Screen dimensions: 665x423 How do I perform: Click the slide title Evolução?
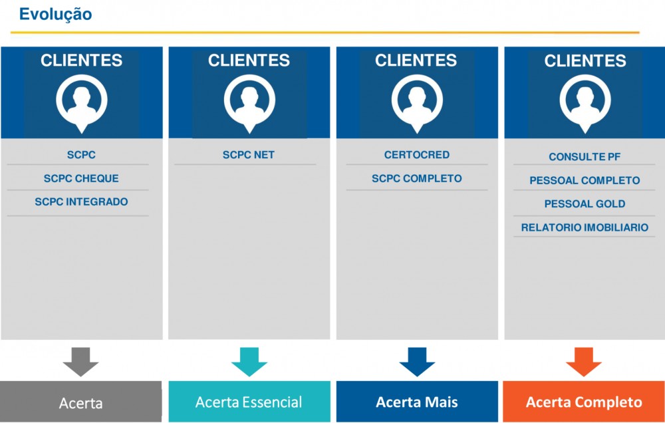point(56,15)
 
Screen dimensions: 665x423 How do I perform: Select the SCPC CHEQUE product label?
point(81,178)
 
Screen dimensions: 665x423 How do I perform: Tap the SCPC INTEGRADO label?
point(81,202)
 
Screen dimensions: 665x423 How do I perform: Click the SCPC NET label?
point(249,155)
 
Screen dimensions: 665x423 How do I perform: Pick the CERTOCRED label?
point(416,155)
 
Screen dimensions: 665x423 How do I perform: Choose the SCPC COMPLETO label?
point(416,178)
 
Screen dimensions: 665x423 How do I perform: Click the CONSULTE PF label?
point(585,157)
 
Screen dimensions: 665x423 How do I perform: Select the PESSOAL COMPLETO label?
point(585,180)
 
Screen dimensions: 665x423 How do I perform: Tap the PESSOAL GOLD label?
point(585,204)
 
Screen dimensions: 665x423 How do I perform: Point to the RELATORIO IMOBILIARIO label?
point(585,227)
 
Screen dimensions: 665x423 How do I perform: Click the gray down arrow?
point(80,362)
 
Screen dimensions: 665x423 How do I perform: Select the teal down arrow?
point(249,362)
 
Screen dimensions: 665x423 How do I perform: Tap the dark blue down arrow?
point(417,362)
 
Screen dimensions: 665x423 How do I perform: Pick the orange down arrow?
point(584,362)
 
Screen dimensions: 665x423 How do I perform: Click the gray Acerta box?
point(80,401)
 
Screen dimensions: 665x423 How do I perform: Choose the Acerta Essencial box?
point(249,401)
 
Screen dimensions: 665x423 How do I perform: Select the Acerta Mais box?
point(417,401)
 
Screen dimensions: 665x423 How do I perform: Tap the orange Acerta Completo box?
point(584,401)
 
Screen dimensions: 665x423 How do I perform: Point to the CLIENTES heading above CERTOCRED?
point(416,61)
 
